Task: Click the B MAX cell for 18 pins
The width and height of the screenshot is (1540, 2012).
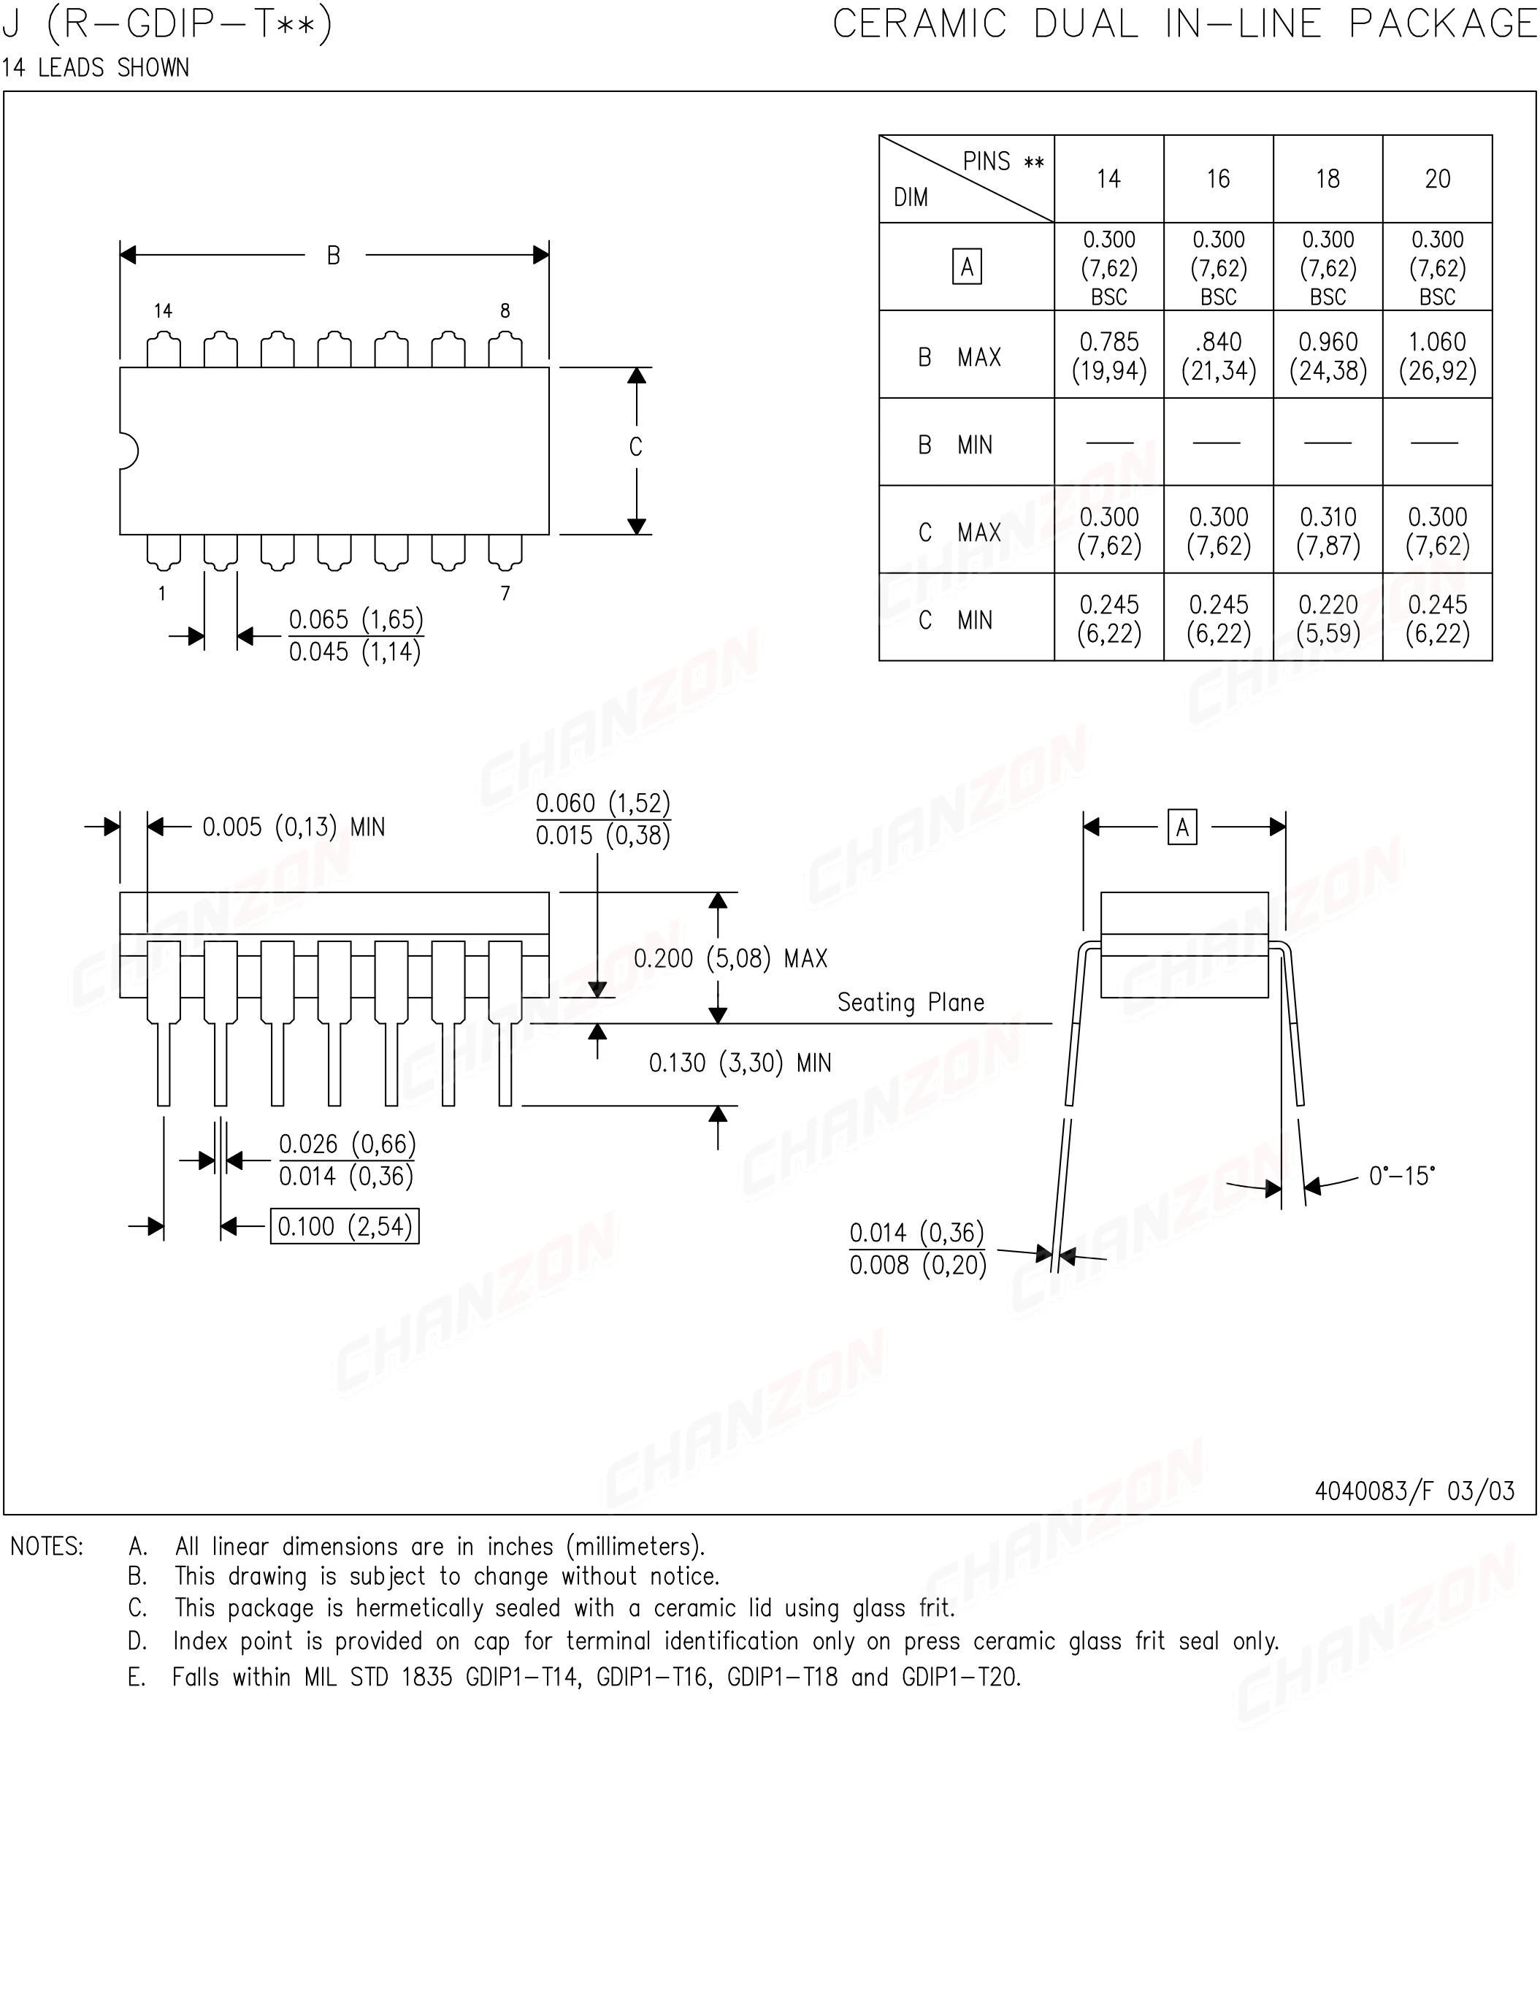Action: [x=1328, y=356]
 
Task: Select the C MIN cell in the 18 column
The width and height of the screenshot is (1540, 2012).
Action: [x=1328, y=619]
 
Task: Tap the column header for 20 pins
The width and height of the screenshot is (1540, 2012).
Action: [x=1436, y=179]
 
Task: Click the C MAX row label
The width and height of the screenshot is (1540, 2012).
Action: [x=959, y=532]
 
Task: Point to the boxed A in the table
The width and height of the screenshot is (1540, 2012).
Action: [x=966, y=267]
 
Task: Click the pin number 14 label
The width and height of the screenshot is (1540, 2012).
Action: [x=163, y=310]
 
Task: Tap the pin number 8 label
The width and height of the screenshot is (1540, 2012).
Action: [x=505, y=310]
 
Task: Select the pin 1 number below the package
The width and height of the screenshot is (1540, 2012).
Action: [x=162, y=594]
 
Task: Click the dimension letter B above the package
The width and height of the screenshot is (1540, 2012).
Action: [x=334, y=256]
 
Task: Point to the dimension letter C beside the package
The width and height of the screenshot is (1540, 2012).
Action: [x=635, y=448]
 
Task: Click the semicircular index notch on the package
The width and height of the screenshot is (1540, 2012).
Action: [x=129, y=451]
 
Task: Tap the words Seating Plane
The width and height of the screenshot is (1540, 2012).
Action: [x=911, y=1003]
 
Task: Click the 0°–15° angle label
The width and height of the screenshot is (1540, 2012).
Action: [x=1401, y=1176]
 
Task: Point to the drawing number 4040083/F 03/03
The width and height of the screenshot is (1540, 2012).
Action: [x=1414, y=1491]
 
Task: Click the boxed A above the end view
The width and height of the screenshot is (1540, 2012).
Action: [x=1181, y=827]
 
